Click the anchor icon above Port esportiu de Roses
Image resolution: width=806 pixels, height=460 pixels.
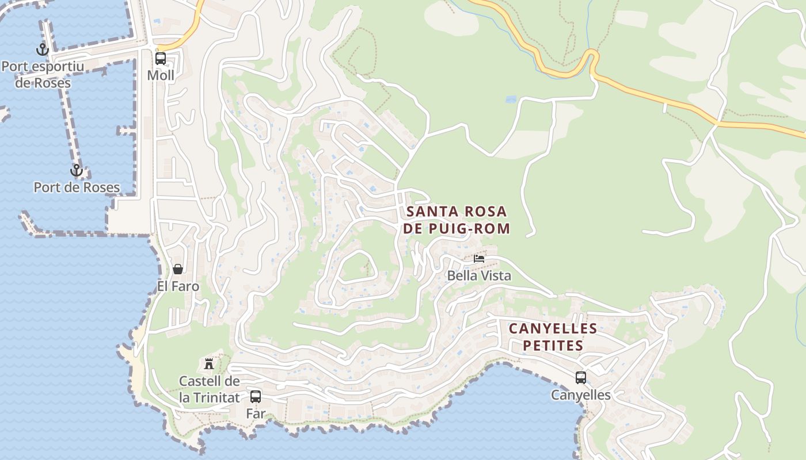click(x=43, y=50)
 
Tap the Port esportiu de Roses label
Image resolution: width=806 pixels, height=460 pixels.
click(x=43, y=75)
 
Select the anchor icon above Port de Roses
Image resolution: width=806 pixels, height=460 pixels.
click(x=76, y=171)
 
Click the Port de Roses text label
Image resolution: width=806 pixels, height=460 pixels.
click(x=77, y=187)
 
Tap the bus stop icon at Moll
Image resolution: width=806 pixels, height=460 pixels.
click(x=161, y=58)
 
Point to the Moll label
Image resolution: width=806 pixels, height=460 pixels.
click(x=161, y=75)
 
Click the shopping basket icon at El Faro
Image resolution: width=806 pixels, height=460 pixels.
click(x=178, y=269)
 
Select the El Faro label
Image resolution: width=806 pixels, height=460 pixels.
click(x=178, y=286)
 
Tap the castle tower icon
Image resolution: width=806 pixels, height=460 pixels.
click(x=209, y=363)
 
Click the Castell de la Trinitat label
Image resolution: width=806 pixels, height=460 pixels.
click(x=209, y=389)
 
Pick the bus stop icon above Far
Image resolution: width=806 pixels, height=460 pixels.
click(x=256, y=396)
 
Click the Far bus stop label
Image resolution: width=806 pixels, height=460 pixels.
click(x=256, y=413)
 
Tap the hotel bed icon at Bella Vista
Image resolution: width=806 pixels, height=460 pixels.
click(x=479, y=259)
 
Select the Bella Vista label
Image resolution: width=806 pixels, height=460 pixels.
click(x=479, y=276)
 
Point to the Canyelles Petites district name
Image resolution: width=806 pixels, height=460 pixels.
click(x=553, y=337)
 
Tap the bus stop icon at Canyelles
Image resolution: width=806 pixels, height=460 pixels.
click(x=581, y=378)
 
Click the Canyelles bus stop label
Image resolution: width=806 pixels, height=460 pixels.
click(x=581, y=395)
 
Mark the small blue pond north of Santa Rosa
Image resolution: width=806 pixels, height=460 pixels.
click(x=511, y=99)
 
